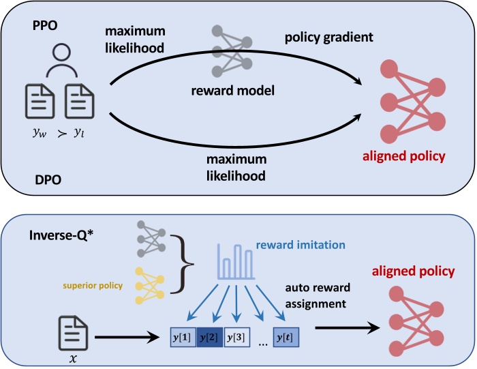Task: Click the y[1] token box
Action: [183, 336]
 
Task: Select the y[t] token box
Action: [286, 336]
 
